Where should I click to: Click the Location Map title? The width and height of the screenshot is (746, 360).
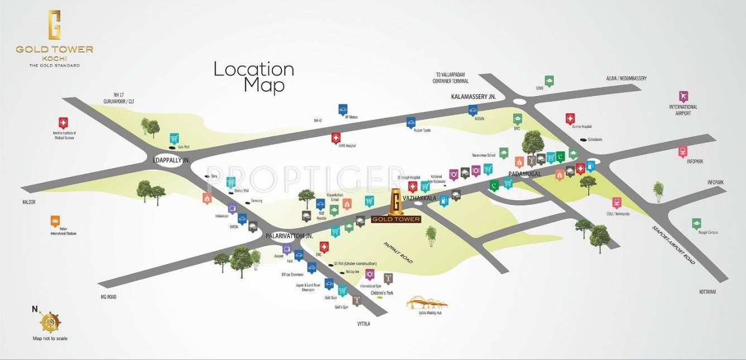[254, 77]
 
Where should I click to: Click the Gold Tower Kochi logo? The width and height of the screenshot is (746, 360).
[54, 39]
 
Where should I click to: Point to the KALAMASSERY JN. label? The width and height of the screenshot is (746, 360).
[474, 97]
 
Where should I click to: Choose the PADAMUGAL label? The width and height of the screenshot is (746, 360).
[525, 174]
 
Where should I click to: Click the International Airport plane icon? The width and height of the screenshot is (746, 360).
[684, 96]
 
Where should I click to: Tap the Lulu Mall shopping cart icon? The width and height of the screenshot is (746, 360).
[174, 138]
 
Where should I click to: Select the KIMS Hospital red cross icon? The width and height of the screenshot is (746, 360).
[336, 137]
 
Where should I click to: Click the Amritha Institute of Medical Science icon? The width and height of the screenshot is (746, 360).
[63, 123]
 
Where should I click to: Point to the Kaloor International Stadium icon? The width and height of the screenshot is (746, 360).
[55, 220]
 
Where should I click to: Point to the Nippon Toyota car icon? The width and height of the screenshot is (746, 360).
[410, 122]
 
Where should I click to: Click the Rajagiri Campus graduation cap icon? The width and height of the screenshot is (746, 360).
[696, 223]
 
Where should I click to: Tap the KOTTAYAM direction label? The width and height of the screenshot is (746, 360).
[707, 292]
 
